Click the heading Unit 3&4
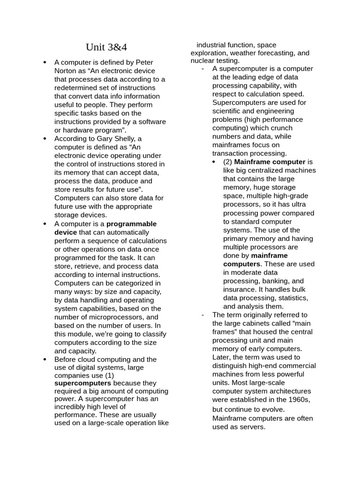[x=106, y=47]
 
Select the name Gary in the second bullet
[x=105, y=139]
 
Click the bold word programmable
[x=132, y=224]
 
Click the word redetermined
[x=77, y=88]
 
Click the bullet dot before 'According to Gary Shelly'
[x=45, y=139]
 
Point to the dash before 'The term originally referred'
[x=202, y=315]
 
